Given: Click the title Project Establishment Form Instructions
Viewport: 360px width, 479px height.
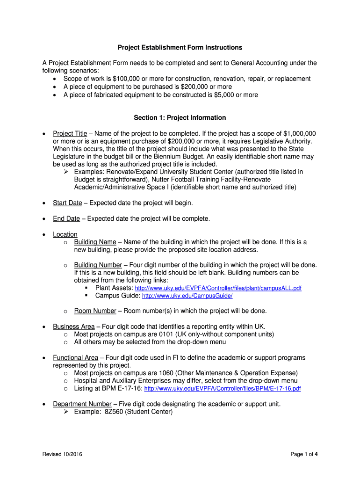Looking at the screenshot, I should click(x=180, y=47).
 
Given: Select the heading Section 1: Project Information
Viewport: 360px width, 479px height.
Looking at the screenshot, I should click(x=180, y=117).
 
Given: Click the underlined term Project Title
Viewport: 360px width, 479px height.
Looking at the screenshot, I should click(x=70, y=133).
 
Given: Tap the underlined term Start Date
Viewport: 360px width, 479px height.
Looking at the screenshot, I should click(x=67, y=203).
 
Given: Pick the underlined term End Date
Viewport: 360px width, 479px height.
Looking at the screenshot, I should click(x=66, y=218).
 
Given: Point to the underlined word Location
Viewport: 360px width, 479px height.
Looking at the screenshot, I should click(x=65, y=234).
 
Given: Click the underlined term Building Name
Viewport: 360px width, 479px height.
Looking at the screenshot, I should click(x=95, y=242).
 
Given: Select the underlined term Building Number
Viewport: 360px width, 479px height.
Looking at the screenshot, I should click(x=98, y=264).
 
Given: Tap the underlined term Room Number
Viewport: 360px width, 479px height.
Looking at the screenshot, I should click(x=95, y=311).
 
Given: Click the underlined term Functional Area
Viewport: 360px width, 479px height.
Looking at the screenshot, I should click(x=75, y=357).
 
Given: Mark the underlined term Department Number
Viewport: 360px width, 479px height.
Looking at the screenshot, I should click(x=82, y=404).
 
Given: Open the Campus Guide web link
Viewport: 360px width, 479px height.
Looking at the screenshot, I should click(x=187, y=296).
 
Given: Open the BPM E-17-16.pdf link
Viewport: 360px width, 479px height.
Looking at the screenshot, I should click(x=223, y=388).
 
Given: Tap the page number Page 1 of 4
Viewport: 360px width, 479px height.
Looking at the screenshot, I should click(x=304, y=454).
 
